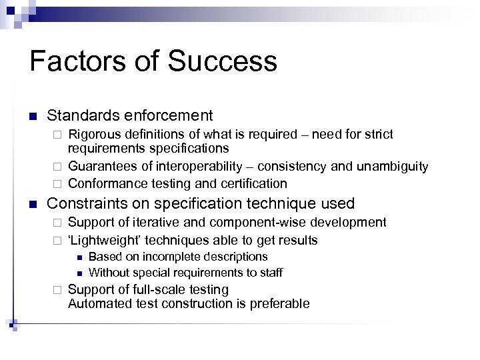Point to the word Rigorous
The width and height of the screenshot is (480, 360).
point(95,135)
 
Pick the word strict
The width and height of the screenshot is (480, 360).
point(377,135)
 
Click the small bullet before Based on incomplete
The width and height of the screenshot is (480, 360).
point(79,257)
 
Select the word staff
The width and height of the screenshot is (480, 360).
point(271,272)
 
